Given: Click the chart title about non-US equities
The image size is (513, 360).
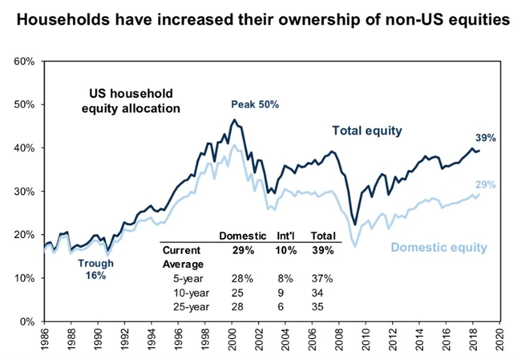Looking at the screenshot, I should [256, 17].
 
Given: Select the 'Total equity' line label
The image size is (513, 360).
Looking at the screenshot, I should [367, 130].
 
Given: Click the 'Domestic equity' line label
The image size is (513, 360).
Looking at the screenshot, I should [438, 247].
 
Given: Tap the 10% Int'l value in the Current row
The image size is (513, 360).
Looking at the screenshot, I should [287, 249].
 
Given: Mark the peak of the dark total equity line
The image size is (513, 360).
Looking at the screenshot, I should [233, 120].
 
